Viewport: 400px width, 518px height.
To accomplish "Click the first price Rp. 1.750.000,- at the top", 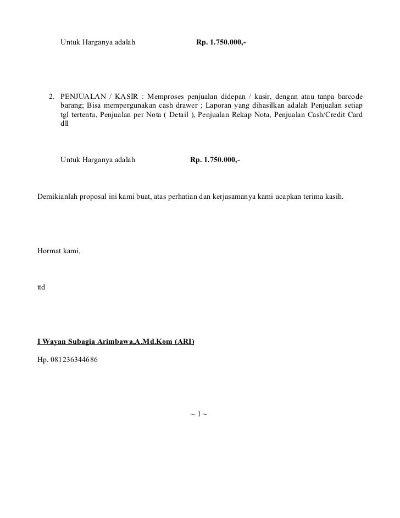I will [221, 42].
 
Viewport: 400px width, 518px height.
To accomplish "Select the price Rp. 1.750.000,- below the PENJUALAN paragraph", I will [215, 160].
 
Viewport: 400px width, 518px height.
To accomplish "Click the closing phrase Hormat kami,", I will [59, 251].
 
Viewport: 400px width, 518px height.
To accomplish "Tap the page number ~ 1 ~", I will [198, 413].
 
